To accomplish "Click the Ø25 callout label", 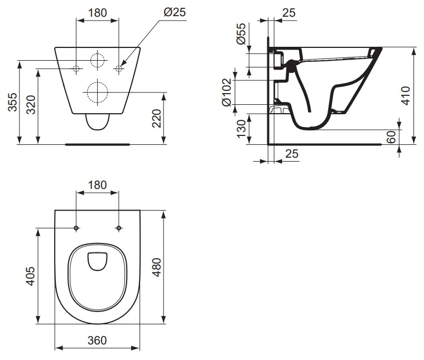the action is (x=175, y=12).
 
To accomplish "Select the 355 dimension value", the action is (x=12, y=102).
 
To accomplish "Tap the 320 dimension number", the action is (x=31, y=105).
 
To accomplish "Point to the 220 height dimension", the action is (x=156, y=118).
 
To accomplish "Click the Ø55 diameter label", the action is (x=241, y=33).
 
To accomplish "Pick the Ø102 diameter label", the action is (x=227, y=92).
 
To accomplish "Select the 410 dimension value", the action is (x=406, y=95).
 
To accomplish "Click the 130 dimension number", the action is (x=240, y=129).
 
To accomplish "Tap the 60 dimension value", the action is (x=391, y=137).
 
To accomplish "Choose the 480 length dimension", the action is (x=157, y=267).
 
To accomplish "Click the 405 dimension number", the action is (x=30, y=276).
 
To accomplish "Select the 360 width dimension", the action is (x=97, y=340).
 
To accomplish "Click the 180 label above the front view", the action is (x=97, y=13).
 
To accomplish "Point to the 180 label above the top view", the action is (x=97, y=185).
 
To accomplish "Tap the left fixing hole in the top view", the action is (x=76, y=228).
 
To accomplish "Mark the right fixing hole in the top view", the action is (x=118, y=228).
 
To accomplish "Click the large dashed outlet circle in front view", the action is (x=97, y=92).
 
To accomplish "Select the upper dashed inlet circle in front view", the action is (x=97, y=60).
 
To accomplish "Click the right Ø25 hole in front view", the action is (x=118, y=69).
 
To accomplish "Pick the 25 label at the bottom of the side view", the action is (x=292, y=154).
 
